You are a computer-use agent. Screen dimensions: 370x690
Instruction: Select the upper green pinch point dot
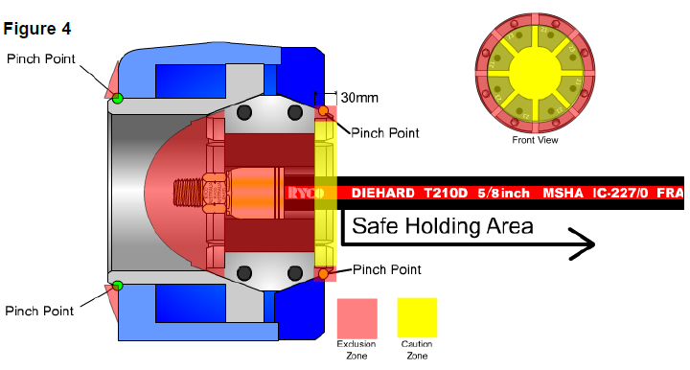tap(117, 98)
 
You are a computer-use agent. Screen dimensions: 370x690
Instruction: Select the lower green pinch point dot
tap(117, 285)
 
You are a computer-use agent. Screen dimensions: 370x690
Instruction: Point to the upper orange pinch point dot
tap(325, 111)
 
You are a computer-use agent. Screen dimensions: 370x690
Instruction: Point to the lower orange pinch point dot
tap(325, 274)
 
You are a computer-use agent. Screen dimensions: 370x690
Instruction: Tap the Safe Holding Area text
tap(442, 226)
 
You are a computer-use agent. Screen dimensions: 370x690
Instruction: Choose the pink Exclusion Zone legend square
tap(356, 317)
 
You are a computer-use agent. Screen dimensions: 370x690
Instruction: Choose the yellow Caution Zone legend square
tap(417, 317)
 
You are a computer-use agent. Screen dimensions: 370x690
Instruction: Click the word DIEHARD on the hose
tap(383, 193)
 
